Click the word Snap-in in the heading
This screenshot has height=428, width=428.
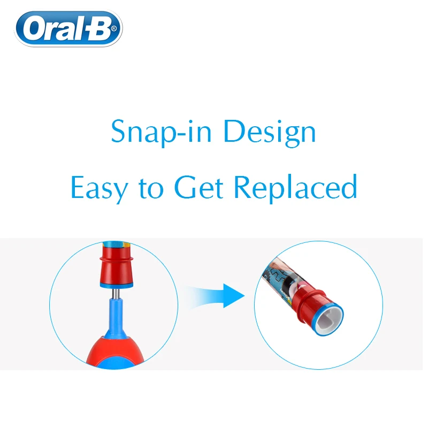click(156, 132)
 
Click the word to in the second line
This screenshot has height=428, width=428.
click(154, 188)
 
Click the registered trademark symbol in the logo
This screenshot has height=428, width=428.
click(114, 38)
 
